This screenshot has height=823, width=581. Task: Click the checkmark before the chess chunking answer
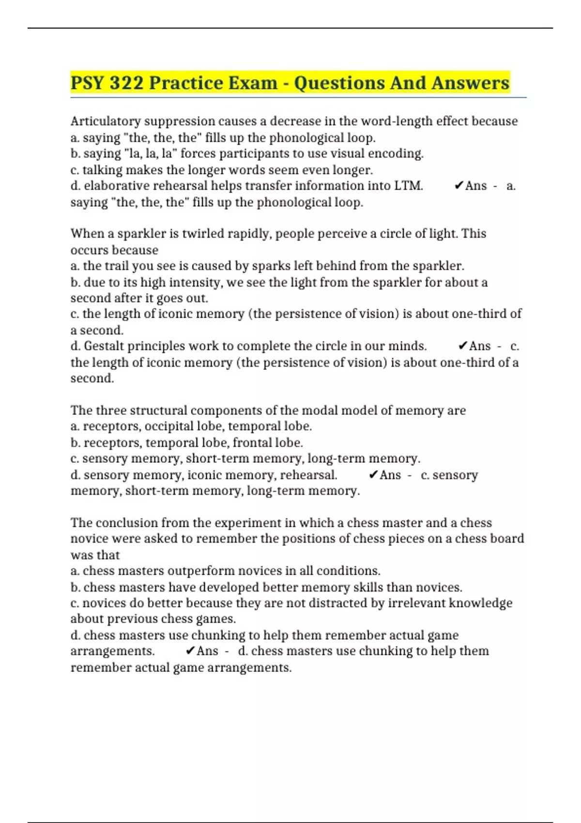pos(190,651)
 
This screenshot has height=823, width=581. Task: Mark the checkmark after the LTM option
pos(459,186)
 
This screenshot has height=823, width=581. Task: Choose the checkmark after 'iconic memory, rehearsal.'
pos(373,475)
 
